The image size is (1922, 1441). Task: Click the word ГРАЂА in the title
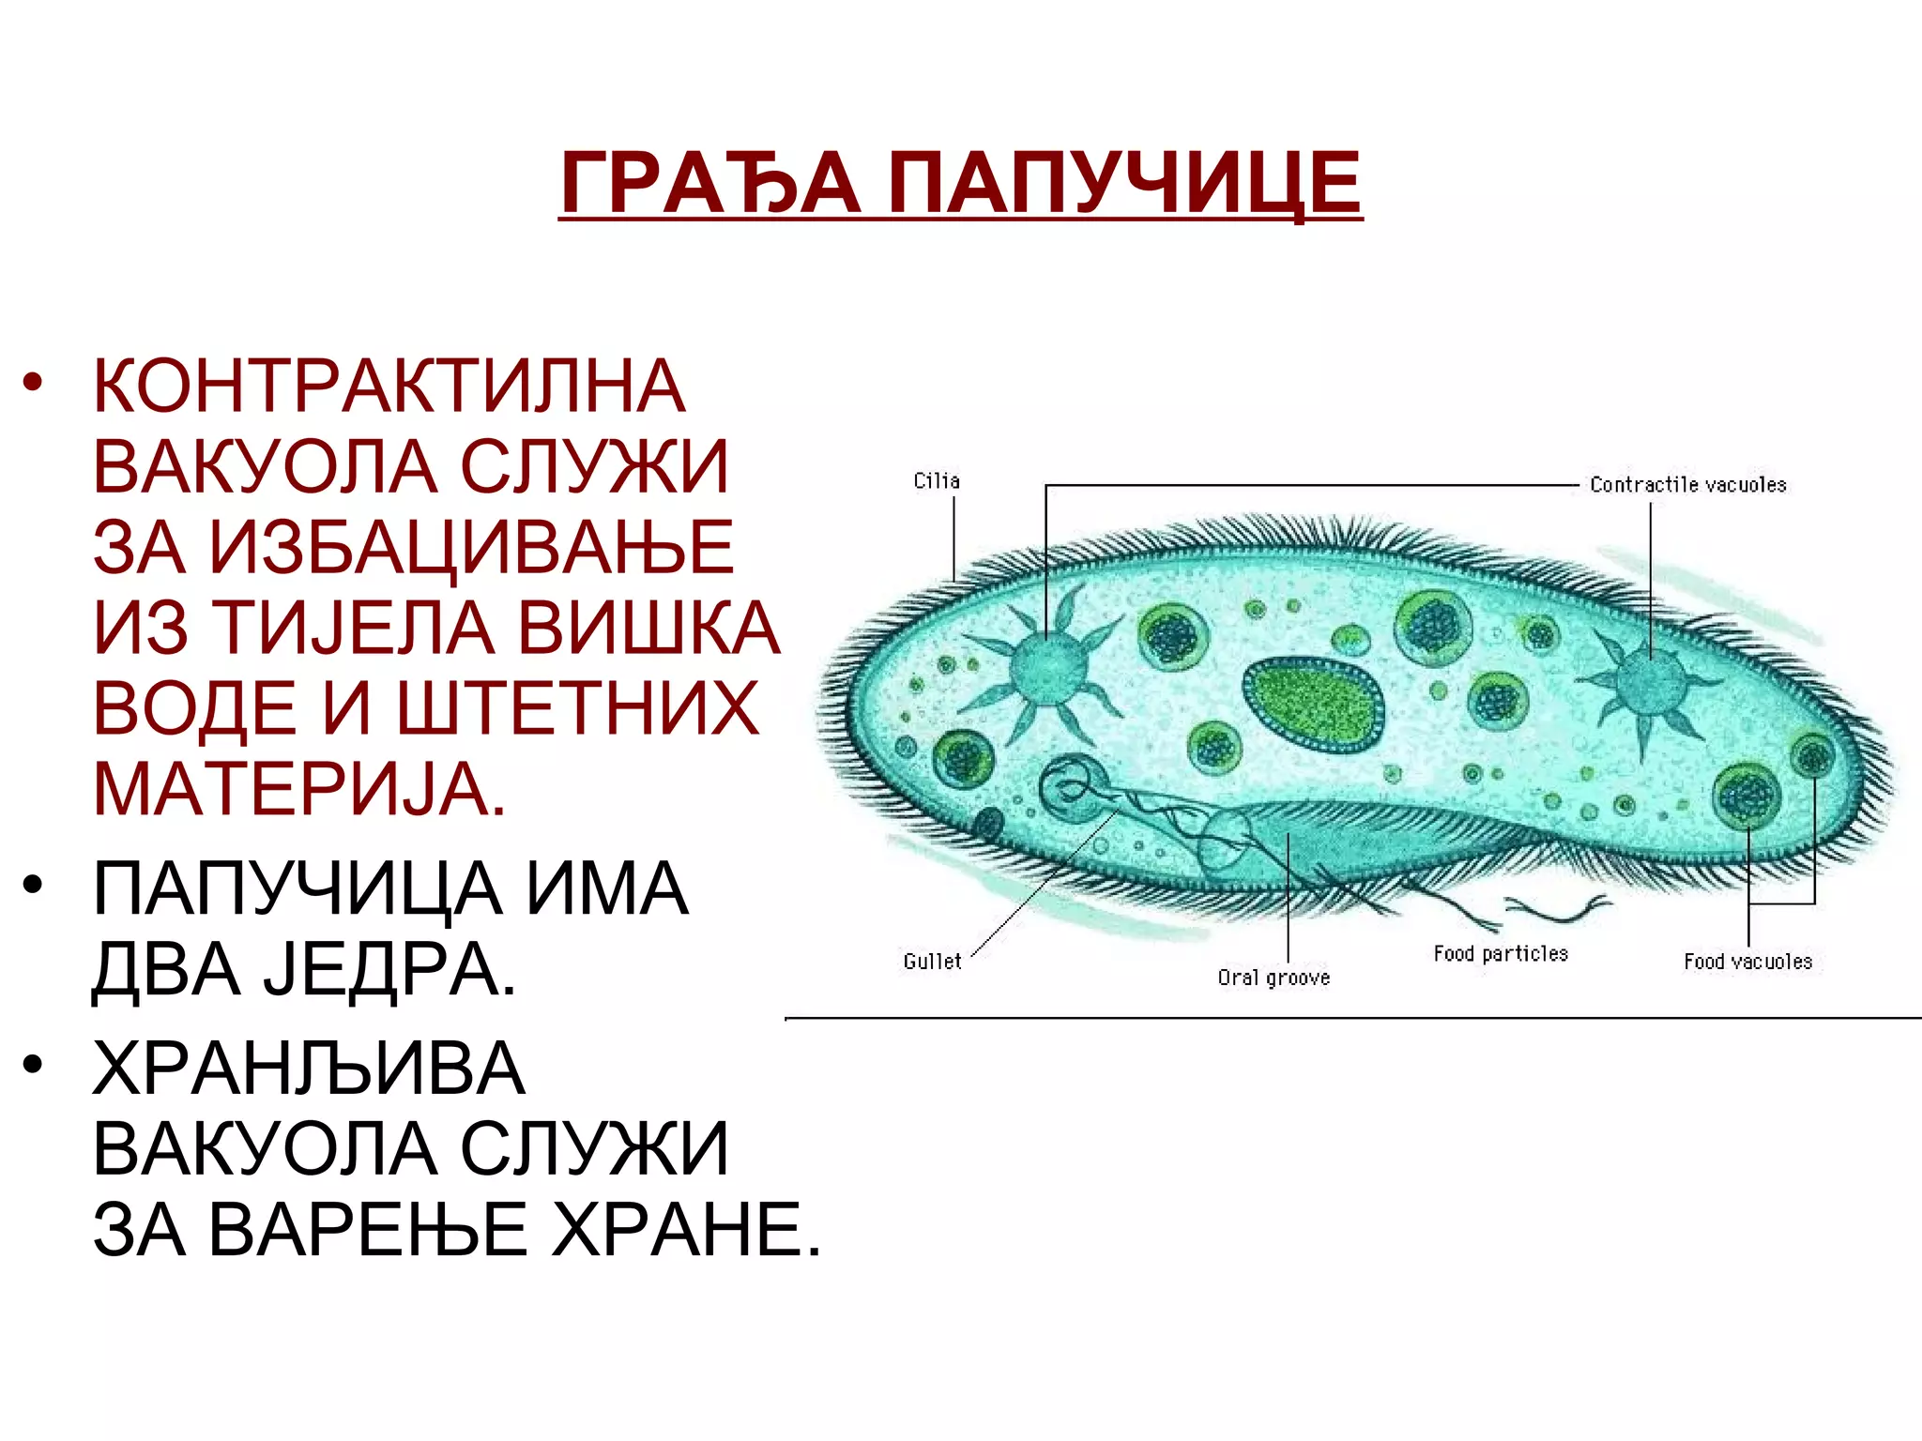pyautogui.click(x=709, y=183)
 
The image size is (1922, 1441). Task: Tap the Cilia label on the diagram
pyautogui.click(x=937, y=481)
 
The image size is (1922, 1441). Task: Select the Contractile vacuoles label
pyautogui.click(x=1687, y=485)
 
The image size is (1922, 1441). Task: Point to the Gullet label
pyautogui.click(x=932, y=962)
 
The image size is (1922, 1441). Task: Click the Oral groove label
pyautogui.click(x=1274, y=978)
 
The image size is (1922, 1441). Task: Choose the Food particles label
pyautogui.click(x=1501, y=954)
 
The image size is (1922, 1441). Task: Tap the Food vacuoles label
pyautogui.click(x=1747, y=962)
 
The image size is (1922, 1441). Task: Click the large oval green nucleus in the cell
pyautogui.click(x=1314, y=704)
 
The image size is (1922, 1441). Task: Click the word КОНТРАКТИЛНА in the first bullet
pyautogui.click(x=389, y=386)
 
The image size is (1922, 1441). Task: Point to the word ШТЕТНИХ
pyautogui.click(x=578, y=708)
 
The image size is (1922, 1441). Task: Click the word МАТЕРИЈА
pyautogui.click(x=298, y=789)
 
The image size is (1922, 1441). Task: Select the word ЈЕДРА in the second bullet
pyautogui.click(x=389, y=969)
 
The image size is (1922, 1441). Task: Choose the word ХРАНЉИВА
pyautogui.click(x=309, y=1069)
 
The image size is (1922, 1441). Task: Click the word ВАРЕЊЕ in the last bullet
pyautogui.click(x=367, y=1230)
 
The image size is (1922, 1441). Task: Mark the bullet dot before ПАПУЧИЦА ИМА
pyautogui.click(x=34, y=886)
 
